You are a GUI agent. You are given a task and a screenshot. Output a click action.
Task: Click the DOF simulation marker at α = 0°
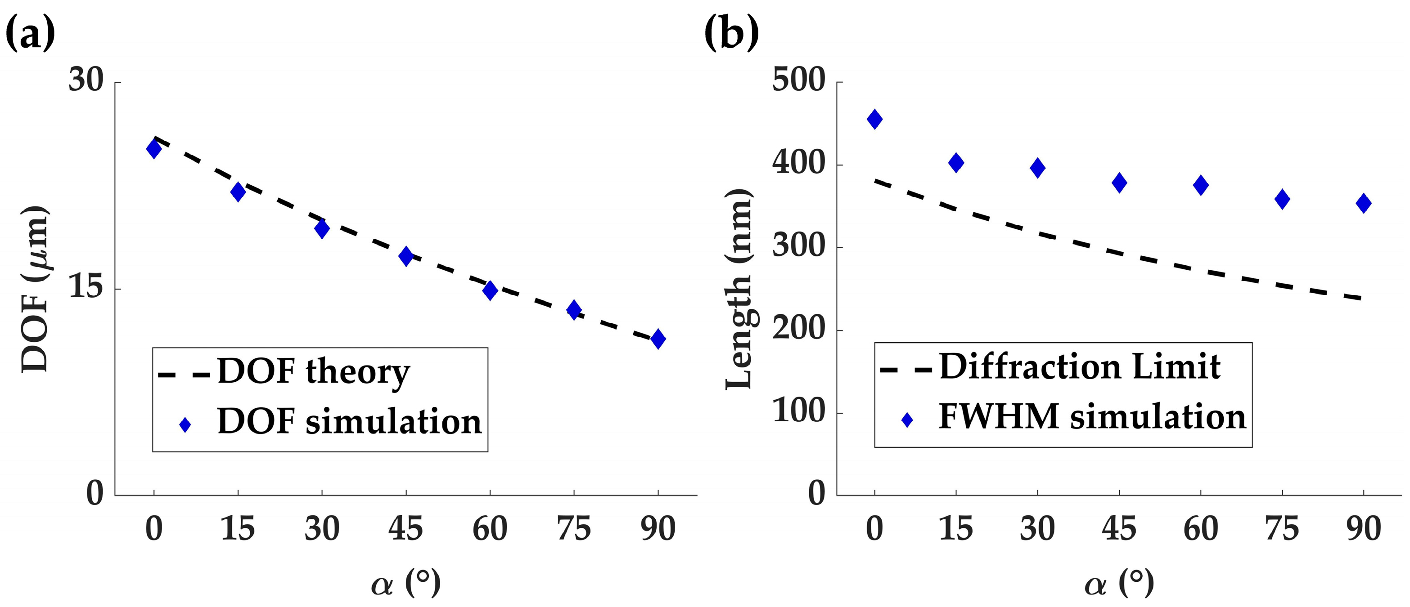tap(154, 149)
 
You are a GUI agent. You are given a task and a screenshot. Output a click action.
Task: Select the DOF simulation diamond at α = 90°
tap(658, 339)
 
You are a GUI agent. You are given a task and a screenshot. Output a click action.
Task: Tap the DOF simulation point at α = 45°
tap(405, 256)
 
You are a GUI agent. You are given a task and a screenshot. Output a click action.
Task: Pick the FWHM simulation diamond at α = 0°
tap(875, 119)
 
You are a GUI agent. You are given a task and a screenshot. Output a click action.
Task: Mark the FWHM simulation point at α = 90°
tap(1364, 203)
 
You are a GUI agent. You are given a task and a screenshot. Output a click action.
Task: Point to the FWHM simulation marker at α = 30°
tap(1037, 168)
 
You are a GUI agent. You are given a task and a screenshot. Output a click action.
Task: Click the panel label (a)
tap(31, 33)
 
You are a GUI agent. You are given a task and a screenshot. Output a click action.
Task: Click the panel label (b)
tap(732, 33)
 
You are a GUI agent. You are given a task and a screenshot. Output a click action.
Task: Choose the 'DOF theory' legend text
tap(313, 372)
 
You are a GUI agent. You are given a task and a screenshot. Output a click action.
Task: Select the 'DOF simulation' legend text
tap(349, 422)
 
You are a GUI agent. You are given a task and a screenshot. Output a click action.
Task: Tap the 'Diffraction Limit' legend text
tap(1079, 367)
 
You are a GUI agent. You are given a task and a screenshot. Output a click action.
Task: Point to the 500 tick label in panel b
tap(798, 80)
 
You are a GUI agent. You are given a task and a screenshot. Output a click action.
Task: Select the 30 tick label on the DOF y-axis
tap(86, 80)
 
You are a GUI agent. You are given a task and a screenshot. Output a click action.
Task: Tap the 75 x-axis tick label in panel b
tap(1282, 529)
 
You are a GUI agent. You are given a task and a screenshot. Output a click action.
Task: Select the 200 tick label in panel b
tap(798, 329)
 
